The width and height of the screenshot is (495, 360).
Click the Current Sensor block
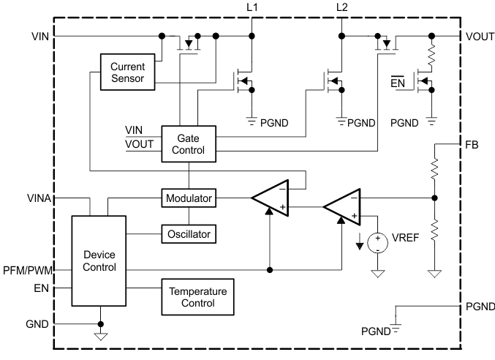pos(128,72)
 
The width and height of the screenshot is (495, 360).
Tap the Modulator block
pos(188,198)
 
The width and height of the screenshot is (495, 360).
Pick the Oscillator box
pos(188,234)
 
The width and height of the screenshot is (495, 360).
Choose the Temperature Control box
pos(198,296)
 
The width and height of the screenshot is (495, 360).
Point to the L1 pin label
pos(252,7)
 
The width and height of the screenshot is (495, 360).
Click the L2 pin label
pos(341,7)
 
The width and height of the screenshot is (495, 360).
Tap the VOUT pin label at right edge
pos(477,35)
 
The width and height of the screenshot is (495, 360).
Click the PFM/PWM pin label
pos(27,270)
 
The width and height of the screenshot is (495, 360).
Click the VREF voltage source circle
pos(378,241)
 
